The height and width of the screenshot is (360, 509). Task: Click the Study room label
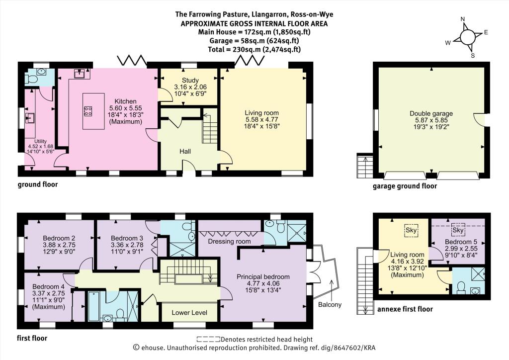click(190, 80)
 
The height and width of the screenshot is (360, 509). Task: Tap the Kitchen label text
click(125, 101)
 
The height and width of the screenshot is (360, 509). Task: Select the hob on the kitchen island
click(88, 111)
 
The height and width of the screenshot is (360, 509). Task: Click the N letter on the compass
click(463, 19)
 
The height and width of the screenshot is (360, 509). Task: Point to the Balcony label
click(330, 304)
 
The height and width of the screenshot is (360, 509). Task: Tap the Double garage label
click(431, 113)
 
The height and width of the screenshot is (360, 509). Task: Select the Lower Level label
click(189, 313)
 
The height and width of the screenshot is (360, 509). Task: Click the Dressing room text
click(229, 242)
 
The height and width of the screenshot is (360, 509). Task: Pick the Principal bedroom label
click(263, 277)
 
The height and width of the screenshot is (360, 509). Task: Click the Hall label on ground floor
click(185, 151)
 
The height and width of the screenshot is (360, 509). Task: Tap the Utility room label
click(41, 141)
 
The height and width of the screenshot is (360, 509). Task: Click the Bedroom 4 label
click(48, 286)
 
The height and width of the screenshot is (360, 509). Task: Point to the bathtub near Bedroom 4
click(93, 306)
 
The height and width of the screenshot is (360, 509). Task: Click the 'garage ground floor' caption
click(405, 186)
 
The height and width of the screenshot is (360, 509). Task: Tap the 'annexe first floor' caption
click(405, 309)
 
